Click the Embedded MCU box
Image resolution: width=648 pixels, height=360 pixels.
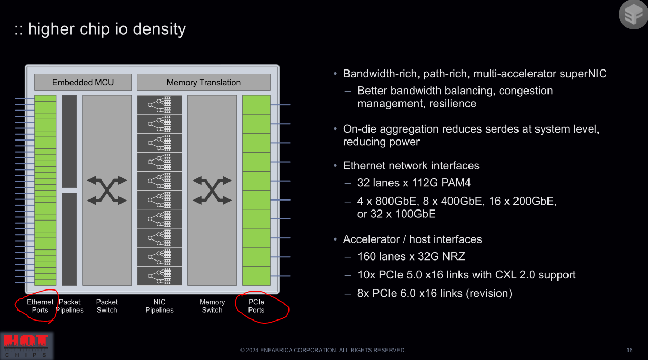83,82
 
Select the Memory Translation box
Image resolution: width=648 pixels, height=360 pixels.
203,82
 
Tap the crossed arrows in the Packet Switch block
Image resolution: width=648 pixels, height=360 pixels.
107,190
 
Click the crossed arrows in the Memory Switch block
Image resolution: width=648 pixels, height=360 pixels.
212,190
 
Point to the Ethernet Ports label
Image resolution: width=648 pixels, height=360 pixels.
40,306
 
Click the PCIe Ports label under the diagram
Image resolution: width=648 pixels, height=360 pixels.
256,306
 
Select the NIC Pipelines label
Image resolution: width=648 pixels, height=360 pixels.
159,306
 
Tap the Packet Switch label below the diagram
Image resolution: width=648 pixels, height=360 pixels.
107,306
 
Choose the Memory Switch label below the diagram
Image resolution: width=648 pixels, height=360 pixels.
212,306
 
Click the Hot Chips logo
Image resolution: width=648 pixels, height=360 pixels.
26,345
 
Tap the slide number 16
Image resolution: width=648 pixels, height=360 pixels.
630,350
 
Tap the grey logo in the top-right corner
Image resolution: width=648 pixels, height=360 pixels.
632,14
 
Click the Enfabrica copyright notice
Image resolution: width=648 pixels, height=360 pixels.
323,350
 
